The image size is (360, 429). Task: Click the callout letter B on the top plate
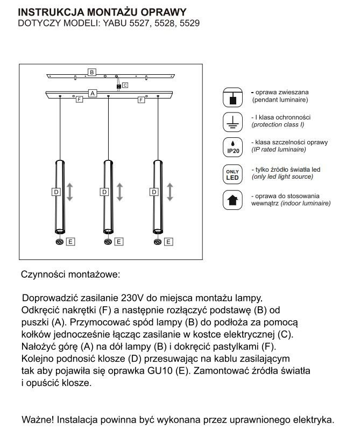(x=92, y=72)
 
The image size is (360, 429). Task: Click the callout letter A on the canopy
(x=92, y=93)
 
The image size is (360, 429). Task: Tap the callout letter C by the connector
(x=125, y=85)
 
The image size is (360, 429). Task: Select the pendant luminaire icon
(x=232, y=97)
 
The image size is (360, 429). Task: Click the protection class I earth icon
(x=232, y=122)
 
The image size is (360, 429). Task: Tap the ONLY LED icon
(x=232, y=173)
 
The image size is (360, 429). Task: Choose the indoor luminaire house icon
(x=232, y=200)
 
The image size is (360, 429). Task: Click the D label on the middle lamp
(x=104, y=192)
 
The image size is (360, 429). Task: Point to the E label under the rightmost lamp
(x=169, y=242)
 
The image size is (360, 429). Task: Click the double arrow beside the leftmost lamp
(x=69, y=192)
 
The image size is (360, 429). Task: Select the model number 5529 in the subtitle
(x=189, y=23)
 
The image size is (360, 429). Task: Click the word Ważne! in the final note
(x=37, y=419)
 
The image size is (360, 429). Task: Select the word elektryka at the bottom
(x=315, y=419)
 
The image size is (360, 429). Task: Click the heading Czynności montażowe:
(x=70, y=274)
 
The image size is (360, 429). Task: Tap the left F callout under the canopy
(x=79, y=100)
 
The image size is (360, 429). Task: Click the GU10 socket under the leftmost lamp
(x=59, y=242)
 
